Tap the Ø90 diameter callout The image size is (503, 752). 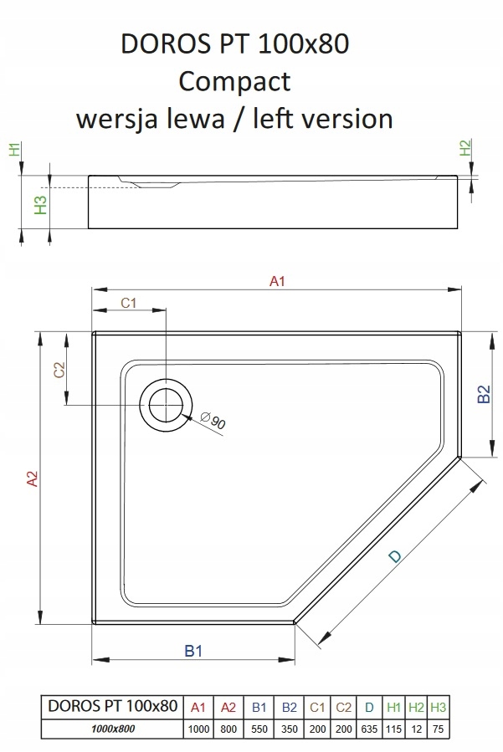click(214, 422)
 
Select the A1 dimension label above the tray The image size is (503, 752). click(278, 281)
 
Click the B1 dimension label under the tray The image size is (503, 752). click(193, 652)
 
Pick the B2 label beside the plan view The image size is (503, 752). click(483, 394)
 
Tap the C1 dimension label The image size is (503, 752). click(129, 303)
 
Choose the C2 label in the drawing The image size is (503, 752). click(59, 371)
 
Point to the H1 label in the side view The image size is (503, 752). click(13, 151)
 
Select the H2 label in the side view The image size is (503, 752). click(466, 149)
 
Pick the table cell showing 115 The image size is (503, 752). click(394, 729)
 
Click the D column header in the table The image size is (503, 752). click(370, 708)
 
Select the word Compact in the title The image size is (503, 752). click(235, 81)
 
